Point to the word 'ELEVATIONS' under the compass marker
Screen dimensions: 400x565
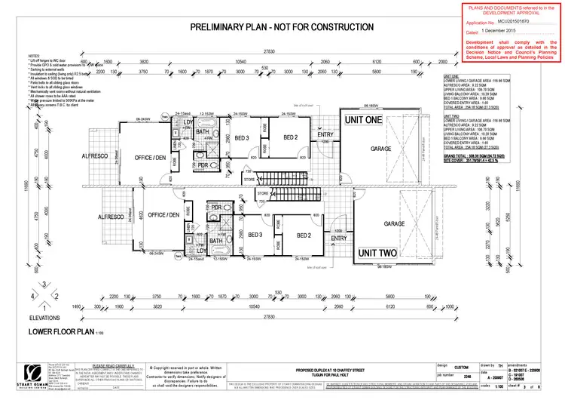coord(47,318)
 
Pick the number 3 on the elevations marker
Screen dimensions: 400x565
coord(47,284)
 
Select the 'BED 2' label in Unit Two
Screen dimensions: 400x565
coord(304,235)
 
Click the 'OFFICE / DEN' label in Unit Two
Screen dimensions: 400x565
coord(163,215)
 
